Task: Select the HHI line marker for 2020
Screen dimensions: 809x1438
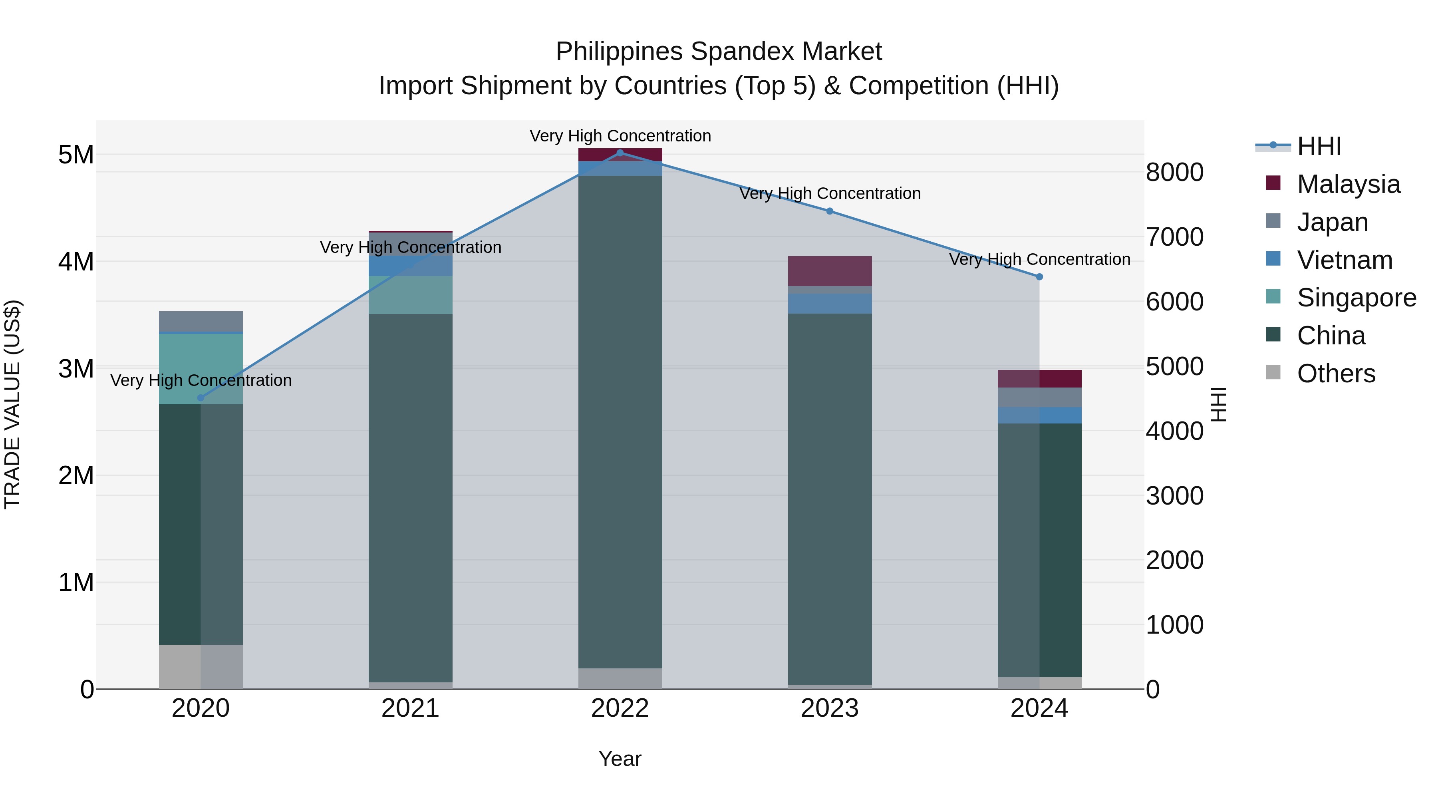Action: click(201, 398)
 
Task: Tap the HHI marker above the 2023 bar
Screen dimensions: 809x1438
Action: click(830, 211)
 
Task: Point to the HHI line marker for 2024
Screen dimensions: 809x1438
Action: click(1039, 277)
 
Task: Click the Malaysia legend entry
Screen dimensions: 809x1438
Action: click(1348, 184)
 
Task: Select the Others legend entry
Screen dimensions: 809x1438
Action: click(1335, 374)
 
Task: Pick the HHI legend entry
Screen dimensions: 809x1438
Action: click(1319, 146)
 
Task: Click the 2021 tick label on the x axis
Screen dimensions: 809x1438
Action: click(410, 708)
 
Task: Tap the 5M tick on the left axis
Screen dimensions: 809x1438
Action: click(76, 155)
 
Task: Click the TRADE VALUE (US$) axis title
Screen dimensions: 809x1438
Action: click(12, 404)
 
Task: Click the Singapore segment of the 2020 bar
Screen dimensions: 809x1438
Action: click(201, 368)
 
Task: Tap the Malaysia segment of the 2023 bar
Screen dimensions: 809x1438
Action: click(830, 271)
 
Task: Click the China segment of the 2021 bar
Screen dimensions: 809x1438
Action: click(410, 497)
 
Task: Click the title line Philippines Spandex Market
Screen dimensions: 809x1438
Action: click(719, 52)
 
